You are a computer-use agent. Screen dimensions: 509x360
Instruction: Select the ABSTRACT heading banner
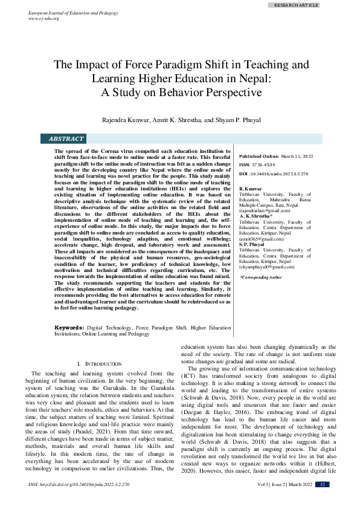pyautogui.click(x=66, y=139)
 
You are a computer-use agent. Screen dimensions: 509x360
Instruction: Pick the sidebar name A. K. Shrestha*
pyautogui.click(x=256, y=216)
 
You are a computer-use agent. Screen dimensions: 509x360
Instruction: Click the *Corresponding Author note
pyautogui.click(x=261, y=277)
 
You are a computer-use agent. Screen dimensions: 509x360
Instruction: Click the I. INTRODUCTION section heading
pyautogui.click(x=100, y=363)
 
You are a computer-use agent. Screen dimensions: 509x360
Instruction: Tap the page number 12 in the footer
pyautogui.click(x=323, y=501)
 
